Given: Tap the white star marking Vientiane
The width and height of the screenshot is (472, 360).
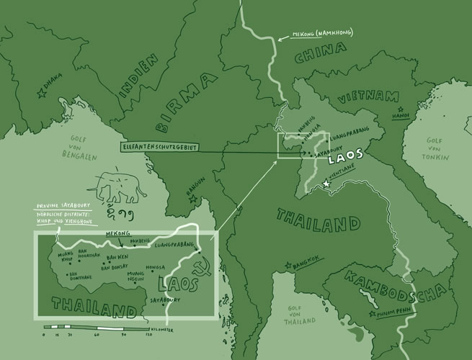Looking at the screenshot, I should [326, 185].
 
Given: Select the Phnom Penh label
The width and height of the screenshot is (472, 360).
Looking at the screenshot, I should [393, 315].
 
